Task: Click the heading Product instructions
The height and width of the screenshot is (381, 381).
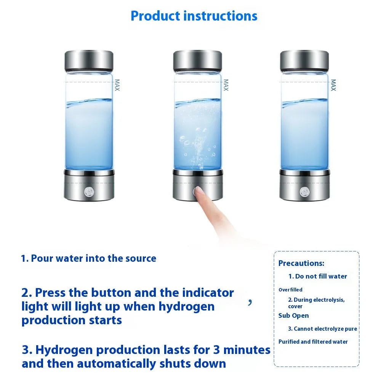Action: click(194, 16)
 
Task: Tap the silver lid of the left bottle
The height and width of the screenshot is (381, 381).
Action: click(88, 60)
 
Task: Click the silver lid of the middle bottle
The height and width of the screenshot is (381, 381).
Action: click(197, 60)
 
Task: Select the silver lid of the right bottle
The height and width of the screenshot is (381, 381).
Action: click(304, 60)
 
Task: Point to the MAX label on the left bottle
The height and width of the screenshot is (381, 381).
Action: click(117, 85)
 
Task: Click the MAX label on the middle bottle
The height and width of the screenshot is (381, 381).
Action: click(226, 85)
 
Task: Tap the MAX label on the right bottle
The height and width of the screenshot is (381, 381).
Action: click(333, 85)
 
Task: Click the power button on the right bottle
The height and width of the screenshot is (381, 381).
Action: click(304, 192)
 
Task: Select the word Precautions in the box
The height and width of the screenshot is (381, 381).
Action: click(301, 263)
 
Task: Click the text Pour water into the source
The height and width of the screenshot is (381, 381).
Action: click(88, 258)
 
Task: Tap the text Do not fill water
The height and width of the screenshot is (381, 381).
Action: click(317, 276)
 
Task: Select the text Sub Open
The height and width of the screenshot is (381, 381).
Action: click(293, 315)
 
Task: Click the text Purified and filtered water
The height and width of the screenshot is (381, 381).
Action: click(313, 342)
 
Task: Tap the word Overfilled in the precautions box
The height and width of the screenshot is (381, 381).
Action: click(290, 290)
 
